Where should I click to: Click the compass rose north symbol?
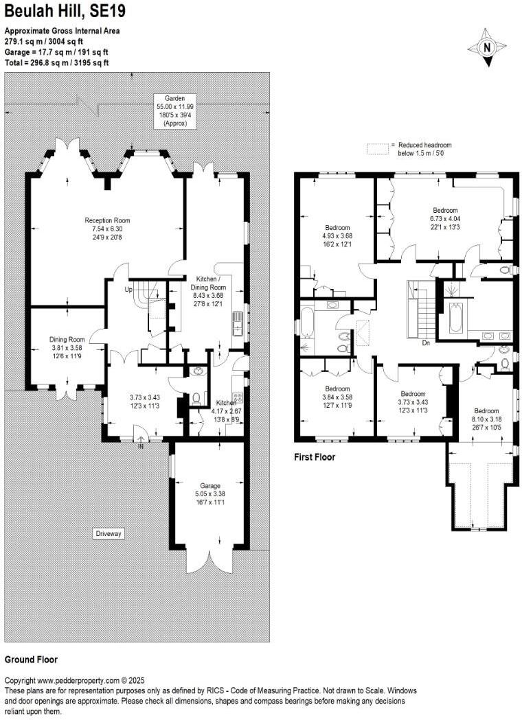486,47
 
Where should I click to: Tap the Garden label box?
166,111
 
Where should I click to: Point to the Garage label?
206,493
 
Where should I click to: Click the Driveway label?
109,533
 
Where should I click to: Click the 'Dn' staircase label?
426,342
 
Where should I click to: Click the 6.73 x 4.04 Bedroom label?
444,218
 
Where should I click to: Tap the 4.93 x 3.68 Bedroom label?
337,236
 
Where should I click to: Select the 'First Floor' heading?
315,457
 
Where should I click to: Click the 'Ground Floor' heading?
31,660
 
